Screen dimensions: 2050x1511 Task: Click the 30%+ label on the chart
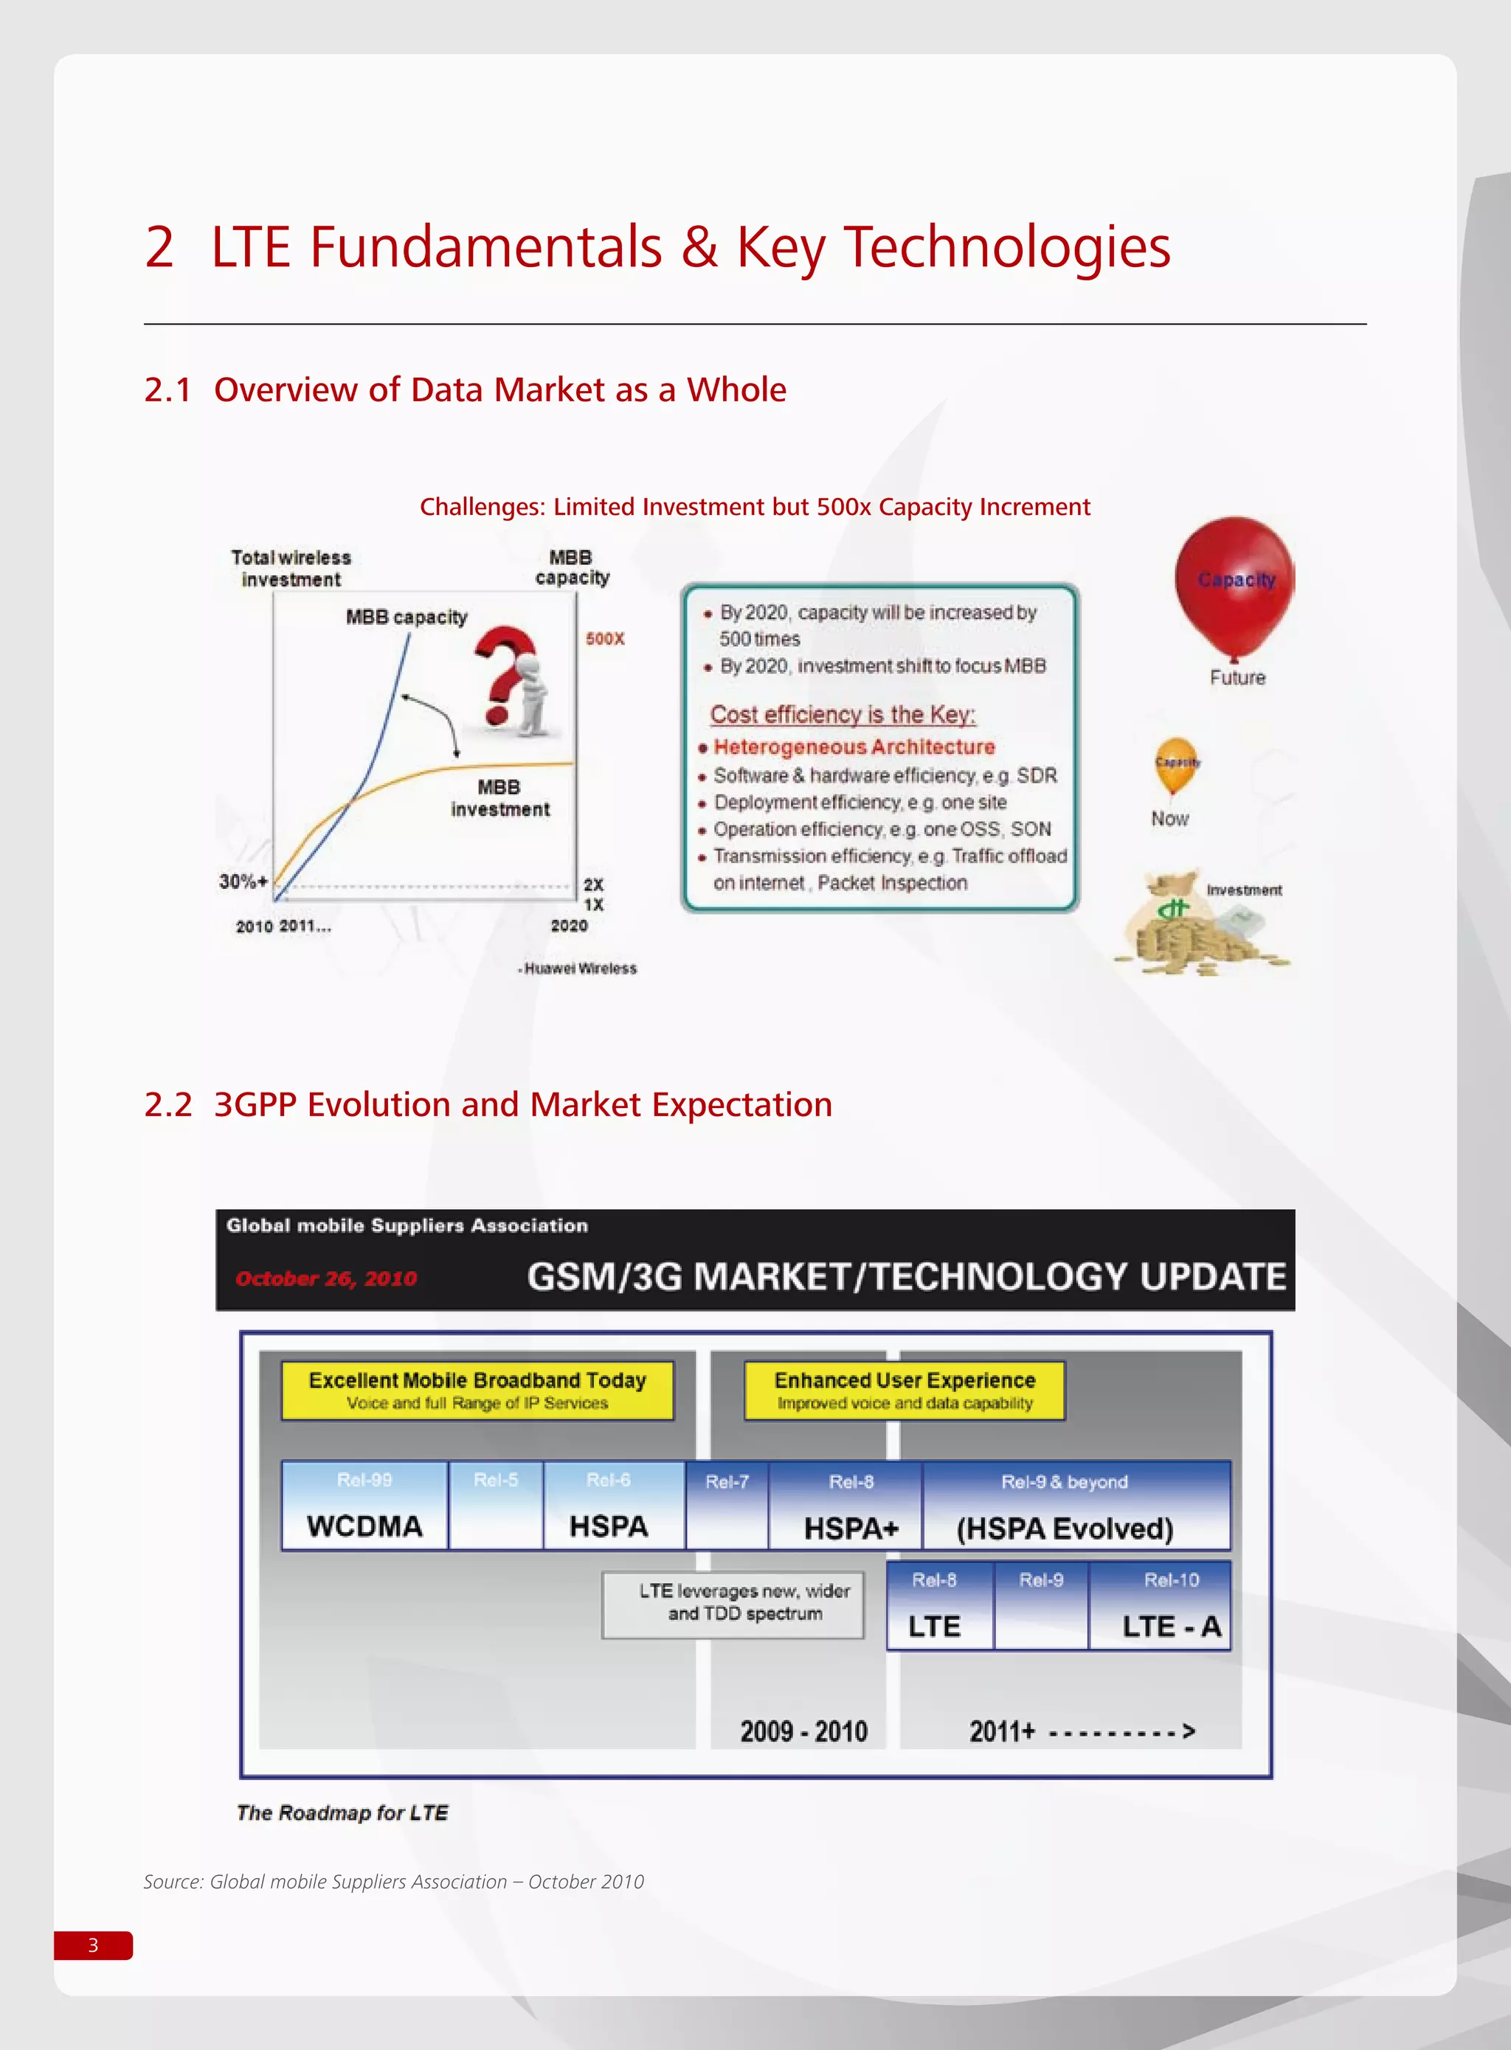coord(243,882)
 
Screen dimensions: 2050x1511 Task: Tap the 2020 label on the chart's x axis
coord(569,925)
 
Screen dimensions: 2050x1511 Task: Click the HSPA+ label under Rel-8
coord(851,1528)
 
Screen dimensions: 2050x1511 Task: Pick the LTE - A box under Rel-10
coord(1171,1626)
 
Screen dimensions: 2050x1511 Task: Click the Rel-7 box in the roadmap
coord(727,1504)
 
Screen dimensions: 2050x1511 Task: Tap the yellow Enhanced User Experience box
coord(905,1390)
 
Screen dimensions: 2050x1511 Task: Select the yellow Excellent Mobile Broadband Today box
coord(477,1390)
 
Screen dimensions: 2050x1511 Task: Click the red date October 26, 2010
coord(327,1278)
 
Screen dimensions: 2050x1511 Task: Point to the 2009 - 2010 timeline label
coord(803,1731)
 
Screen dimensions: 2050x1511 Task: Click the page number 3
coord(93,1945)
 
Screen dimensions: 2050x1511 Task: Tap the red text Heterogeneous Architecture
coord(854,747)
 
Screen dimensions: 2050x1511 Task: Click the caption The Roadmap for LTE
coord(343,1812)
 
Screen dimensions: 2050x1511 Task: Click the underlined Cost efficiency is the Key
coord(843,714)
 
